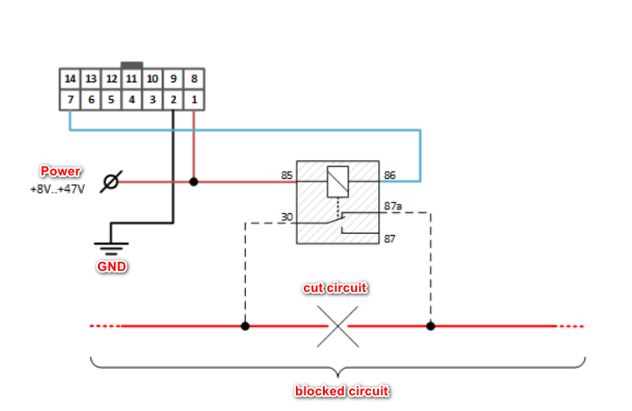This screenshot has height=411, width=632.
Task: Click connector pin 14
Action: (70, 79)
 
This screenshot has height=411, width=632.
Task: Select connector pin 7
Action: (70, 100)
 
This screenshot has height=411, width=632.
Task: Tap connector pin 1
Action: (193, 100)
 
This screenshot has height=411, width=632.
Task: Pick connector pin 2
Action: (173, 100)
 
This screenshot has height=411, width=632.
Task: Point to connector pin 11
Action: (132, 79)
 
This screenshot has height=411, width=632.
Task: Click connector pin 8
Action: (193, 79)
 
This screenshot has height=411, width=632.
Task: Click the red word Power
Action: (60, 172)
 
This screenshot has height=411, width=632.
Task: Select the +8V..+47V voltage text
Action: (57, 188)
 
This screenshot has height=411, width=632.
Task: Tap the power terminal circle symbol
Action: (110, 182)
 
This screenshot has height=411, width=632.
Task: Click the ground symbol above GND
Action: (111, 244)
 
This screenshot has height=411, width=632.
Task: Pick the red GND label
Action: (111, 266)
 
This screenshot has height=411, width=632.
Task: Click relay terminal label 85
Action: (286, 175)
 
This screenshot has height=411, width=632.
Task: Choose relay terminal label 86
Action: (390, 175)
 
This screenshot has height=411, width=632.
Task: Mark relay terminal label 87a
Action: (393, 207)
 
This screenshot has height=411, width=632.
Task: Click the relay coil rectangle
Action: (337, 181)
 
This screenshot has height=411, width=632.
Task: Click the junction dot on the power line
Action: (193, 182)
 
